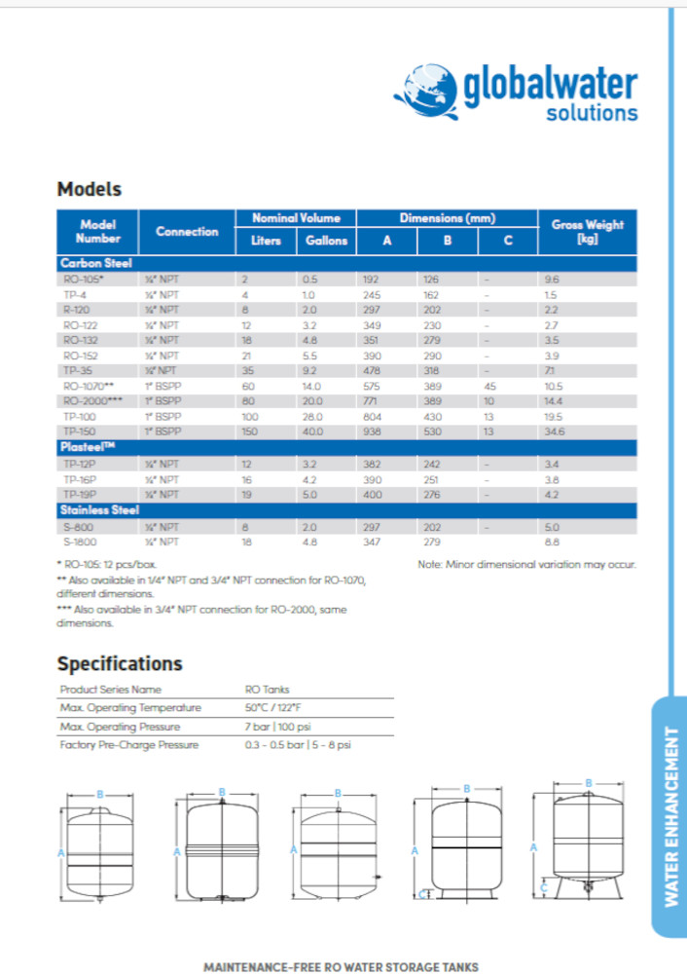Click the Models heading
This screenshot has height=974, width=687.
click(x=89, y=189)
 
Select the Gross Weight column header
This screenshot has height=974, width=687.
click(x=587, y=231)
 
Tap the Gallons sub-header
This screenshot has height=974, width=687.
click(x=326, y=241)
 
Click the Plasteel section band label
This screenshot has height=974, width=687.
click(x=90, y=446)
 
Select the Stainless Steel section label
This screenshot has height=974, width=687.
click(x=99, y=509)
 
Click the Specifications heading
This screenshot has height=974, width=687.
click(x=120, y=663)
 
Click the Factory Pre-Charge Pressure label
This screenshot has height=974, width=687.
click(x=129, y=744)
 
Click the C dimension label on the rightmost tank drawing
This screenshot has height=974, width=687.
click(x=545, y=886)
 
